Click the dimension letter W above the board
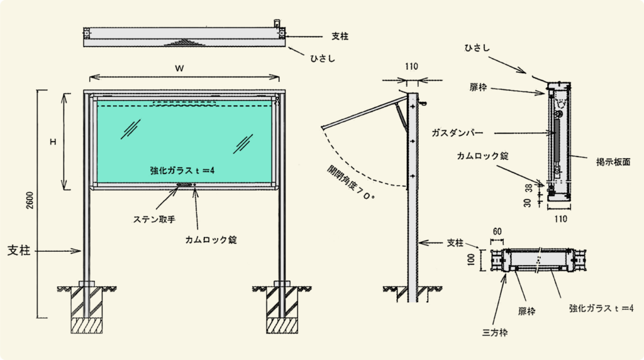click(179, 69)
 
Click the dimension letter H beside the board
click(53, 142)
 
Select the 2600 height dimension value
click(30, 200)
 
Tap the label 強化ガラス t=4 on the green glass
click(182, 170)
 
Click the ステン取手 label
click(154, 220)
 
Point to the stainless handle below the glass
click(184, 185)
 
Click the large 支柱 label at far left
click(19, 250)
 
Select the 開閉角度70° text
click(351, 183)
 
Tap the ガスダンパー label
click(457, 133)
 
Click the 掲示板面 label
click(613, 162)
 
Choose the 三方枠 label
click(495, 332)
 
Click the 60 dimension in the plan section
click(497, 232)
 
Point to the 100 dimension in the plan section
click(471, 259)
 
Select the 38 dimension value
click(528, 188)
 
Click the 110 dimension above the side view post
click(411, 66)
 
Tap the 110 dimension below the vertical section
click(560, 219)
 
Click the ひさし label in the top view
click(323, 59)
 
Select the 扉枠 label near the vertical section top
click(478, 87)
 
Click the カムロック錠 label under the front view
click(211, 240)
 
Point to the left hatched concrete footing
click(87, 309)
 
